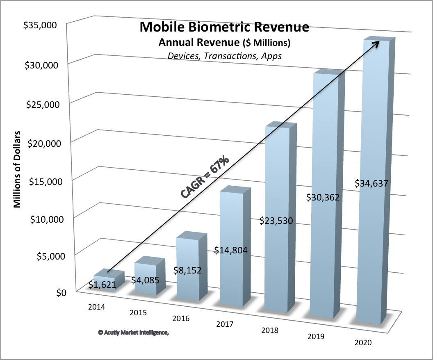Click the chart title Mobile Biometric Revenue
pyautogui.click(x=225, y=27)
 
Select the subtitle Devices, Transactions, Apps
pyautogui.click(x=225, y=55)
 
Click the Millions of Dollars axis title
pyautogui.click(x=18, y=169)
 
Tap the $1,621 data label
pyautogui.click(x=101, y=284)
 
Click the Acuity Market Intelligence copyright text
pyautogui.click(x=134, y=333)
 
